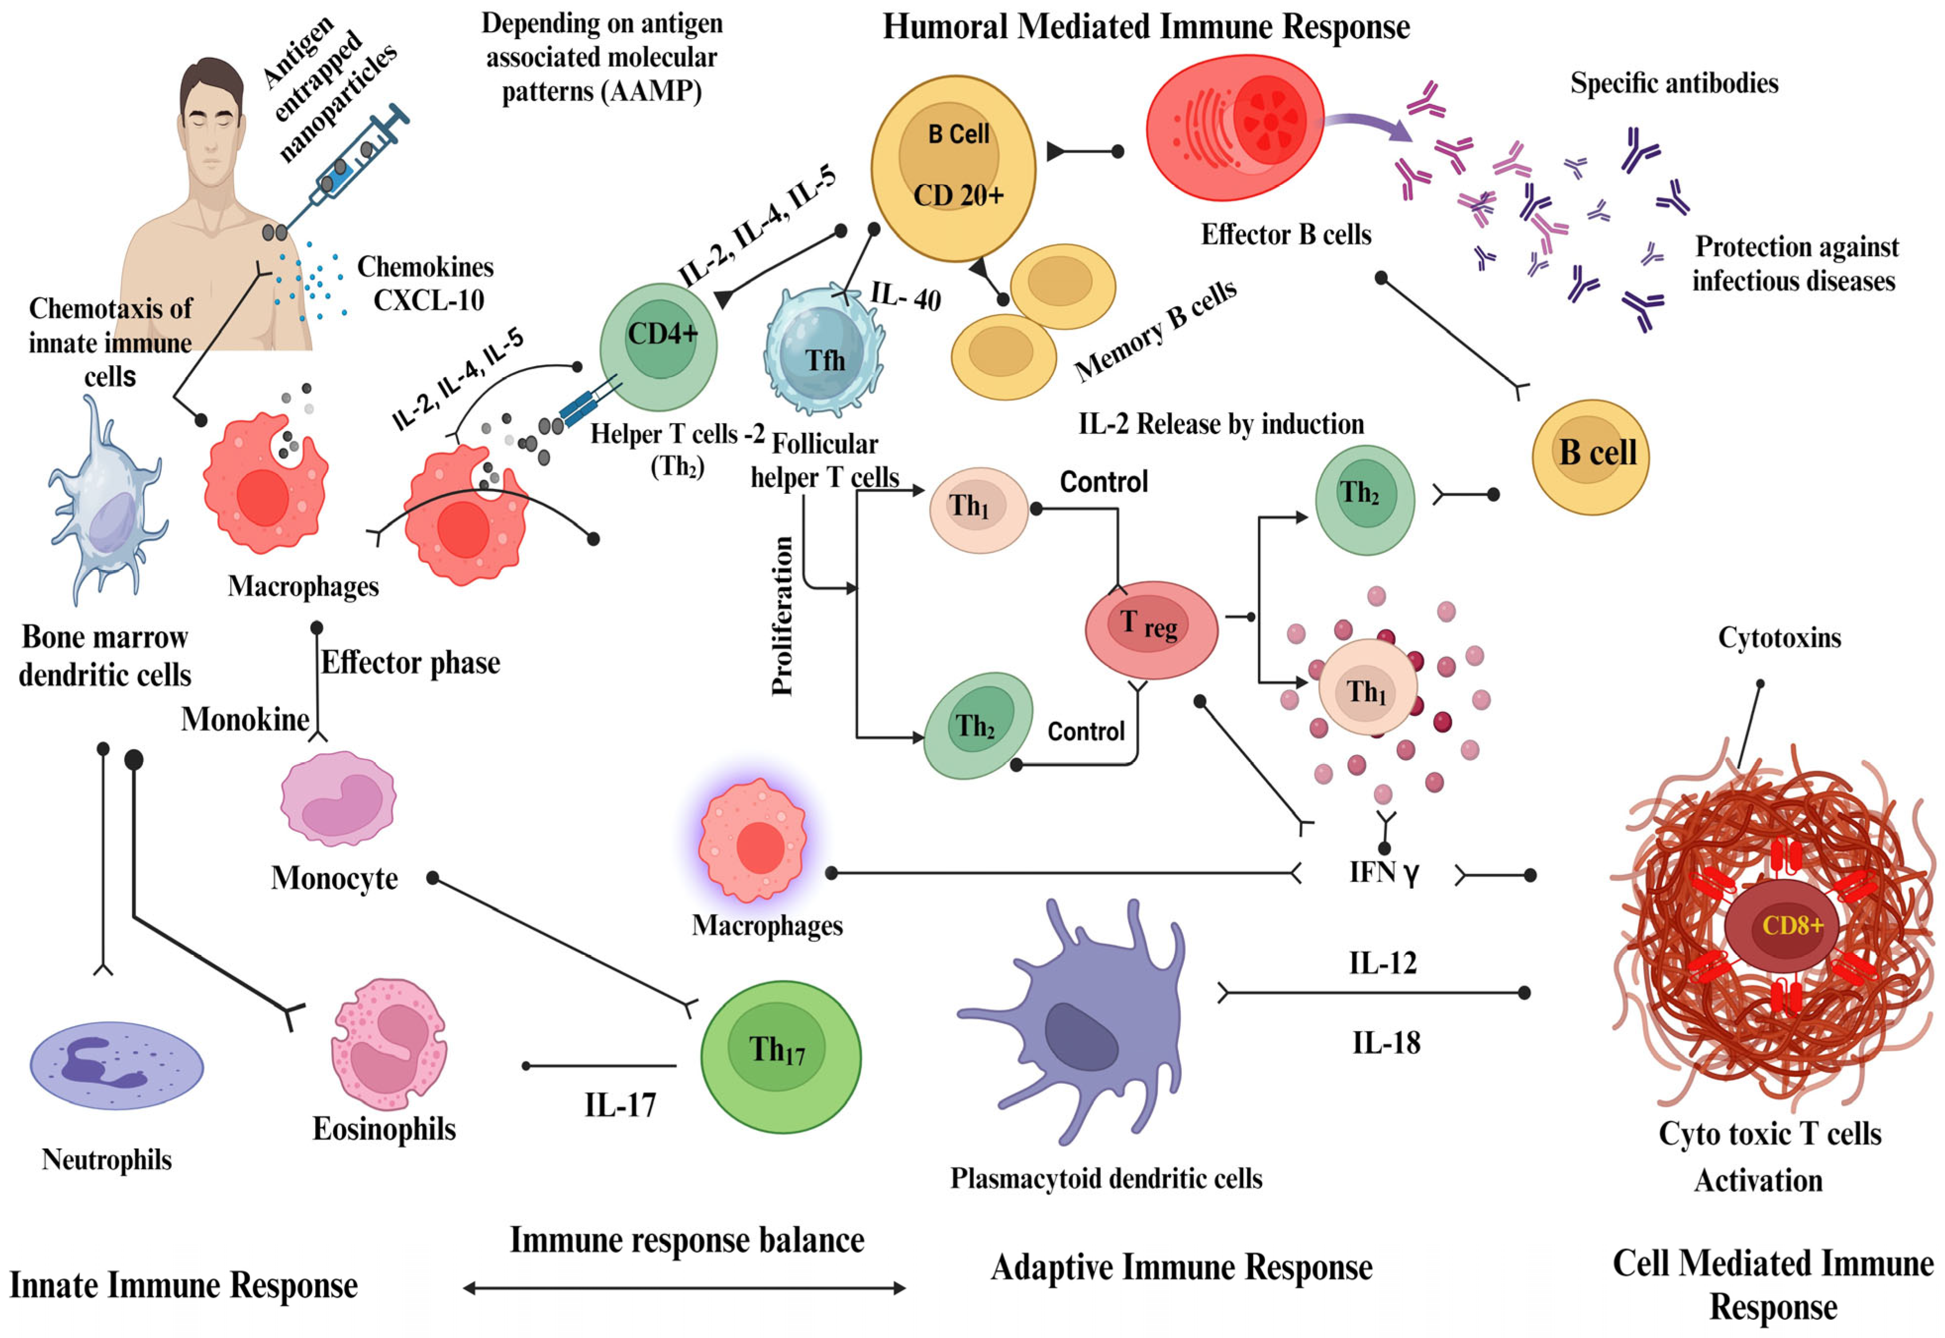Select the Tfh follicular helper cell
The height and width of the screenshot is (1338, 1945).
[823, 352]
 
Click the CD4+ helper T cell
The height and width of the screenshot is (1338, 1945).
[659, 345]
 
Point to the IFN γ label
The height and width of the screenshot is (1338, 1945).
[1383, 873]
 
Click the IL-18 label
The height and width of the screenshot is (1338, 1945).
[1386, 1042]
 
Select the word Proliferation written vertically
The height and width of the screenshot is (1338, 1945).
[782, 616]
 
